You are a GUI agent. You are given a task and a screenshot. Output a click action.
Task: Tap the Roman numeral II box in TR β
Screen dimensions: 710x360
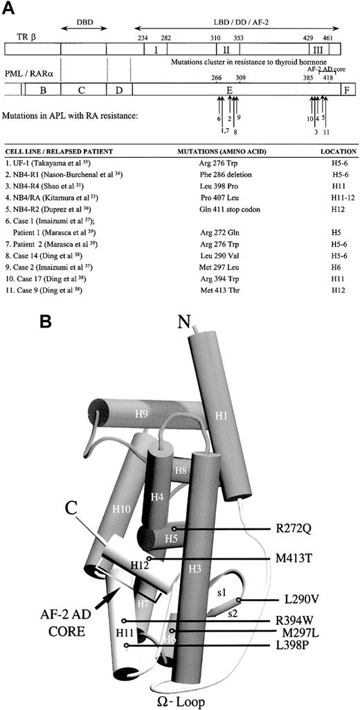226,50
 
